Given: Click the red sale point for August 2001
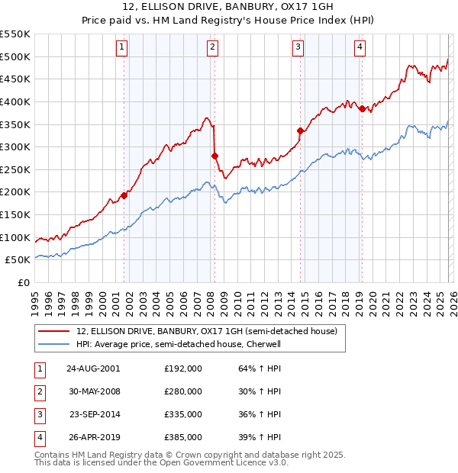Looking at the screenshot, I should tap(124, 195).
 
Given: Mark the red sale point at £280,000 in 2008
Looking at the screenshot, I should tap(214, 156).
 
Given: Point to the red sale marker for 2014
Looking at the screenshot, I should tap(300, 130).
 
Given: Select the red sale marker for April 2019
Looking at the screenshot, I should tap(362, 108).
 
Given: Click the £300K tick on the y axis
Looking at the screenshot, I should tap(15, 146).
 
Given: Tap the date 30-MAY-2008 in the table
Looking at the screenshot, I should tap(92, 391).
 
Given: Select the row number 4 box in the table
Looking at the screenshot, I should tap(39, 438).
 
